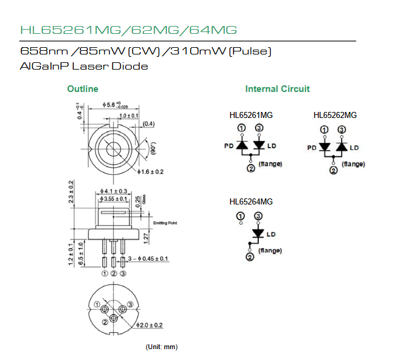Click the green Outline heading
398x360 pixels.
pyautogui.click(x=82, y=89)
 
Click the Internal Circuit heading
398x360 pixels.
pyautogui.click(x=277, y=89)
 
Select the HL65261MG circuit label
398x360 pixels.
pyautogui.click(x=251, y=116)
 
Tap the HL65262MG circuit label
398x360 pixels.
pyautogui.click(x=334, y=116)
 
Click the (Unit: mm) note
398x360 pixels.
pyautogui.click(x=161, y=347)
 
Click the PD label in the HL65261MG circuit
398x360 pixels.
pyautogui.click(x=228, y=146)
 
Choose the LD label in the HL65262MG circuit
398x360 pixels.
pyautogui.click(x=354, y=148)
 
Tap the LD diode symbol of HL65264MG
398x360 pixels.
pyautogui.click(x=258, y=233)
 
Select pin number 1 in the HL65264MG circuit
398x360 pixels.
pyautogui.click(x=241, y=215)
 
